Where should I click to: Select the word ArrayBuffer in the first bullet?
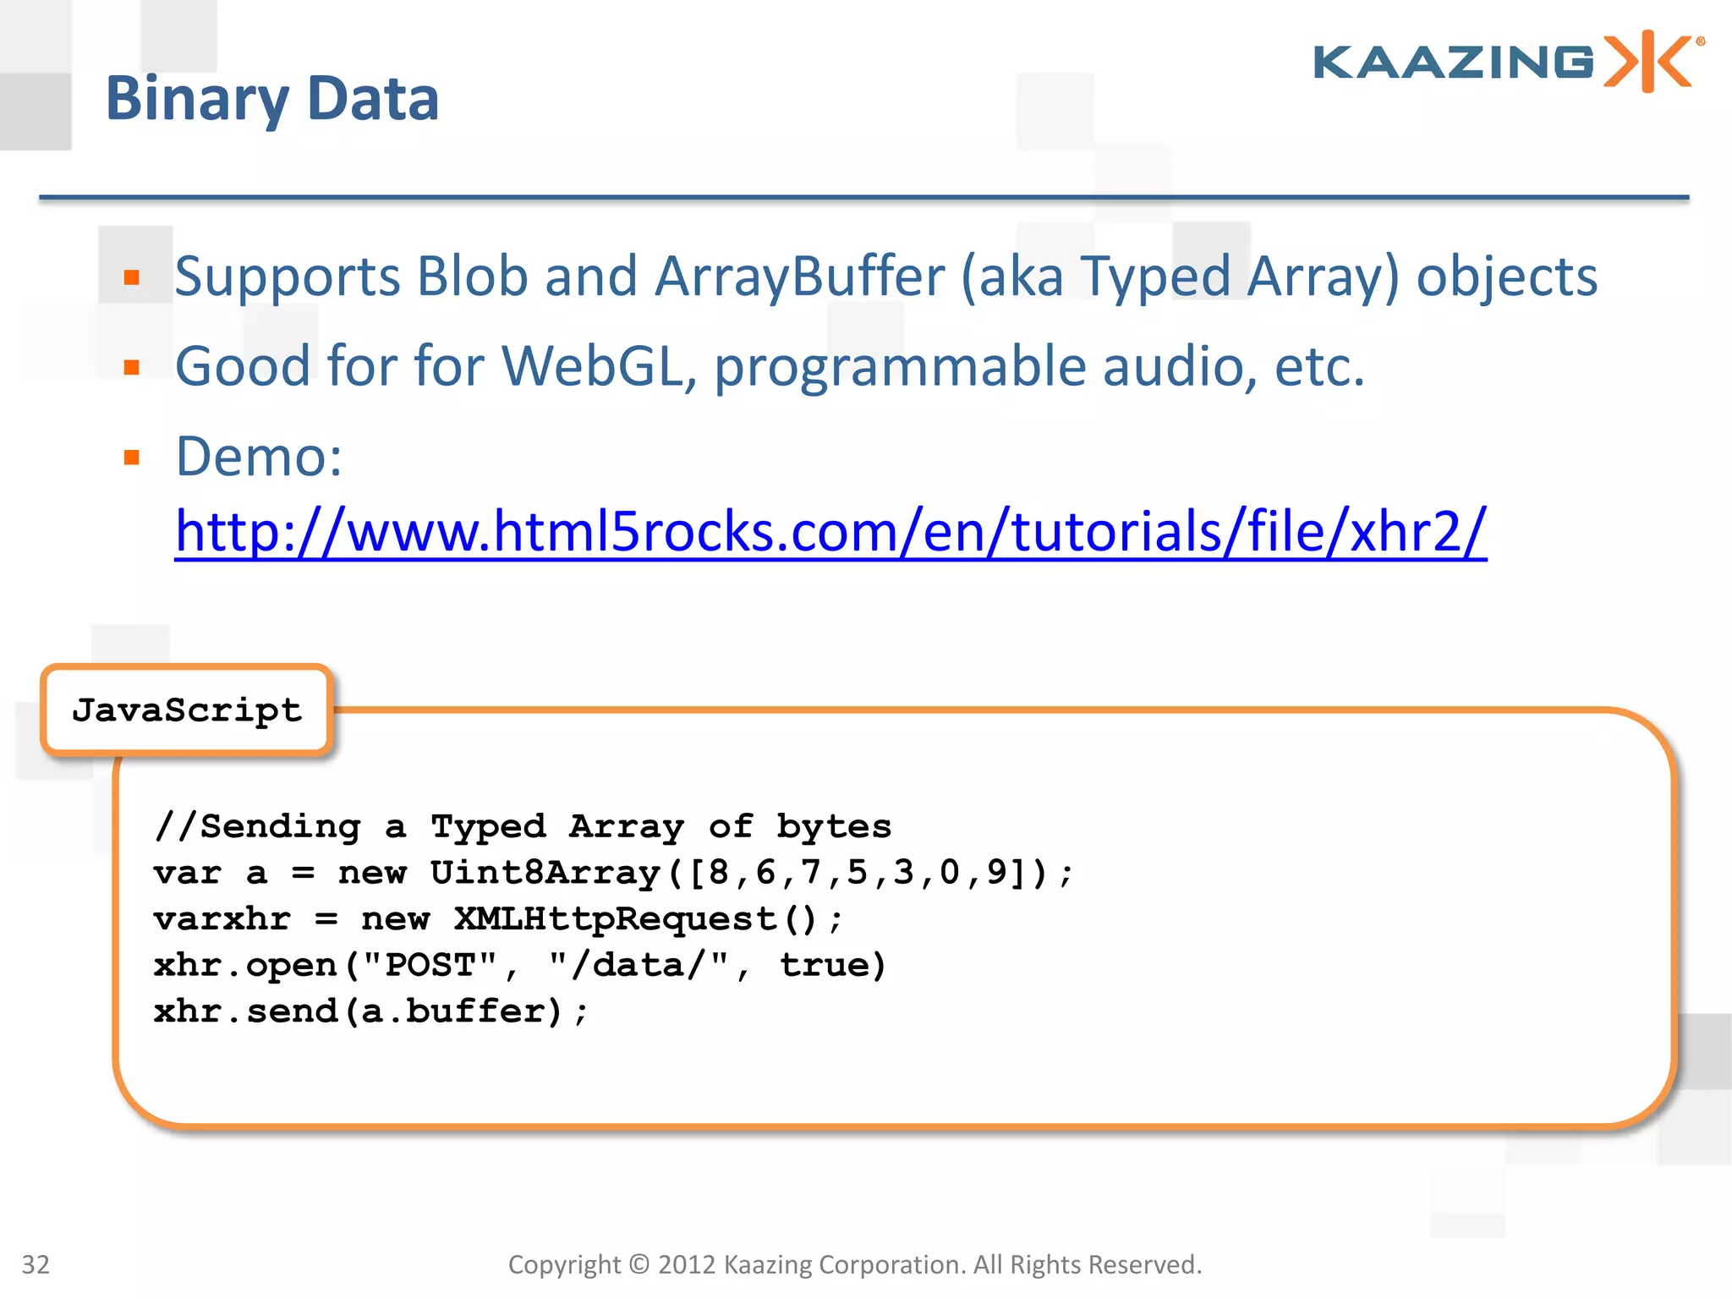click(x=800, y=277)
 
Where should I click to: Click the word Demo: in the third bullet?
click(x=259, y=457)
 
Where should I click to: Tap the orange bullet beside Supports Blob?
click(x=131, y=277)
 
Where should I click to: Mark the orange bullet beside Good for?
click(x=131, y=367)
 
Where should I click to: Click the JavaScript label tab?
click(x=187, y=710)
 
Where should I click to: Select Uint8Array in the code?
click(x=545, y=873)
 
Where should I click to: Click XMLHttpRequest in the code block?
click(x=615, y=919)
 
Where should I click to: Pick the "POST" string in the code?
click(x=430, y=965)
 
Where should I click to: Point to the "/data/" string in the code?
click(x=638, y=965)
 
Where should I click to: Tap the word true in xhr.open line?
click(x=822, y=965)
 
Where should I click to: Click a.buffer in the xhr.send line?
click(x=453, y=1011)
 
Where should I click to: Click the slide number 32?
click(x=36, y=1264)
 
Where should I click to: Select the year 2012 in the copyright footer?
click(x=687, y=1264)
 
